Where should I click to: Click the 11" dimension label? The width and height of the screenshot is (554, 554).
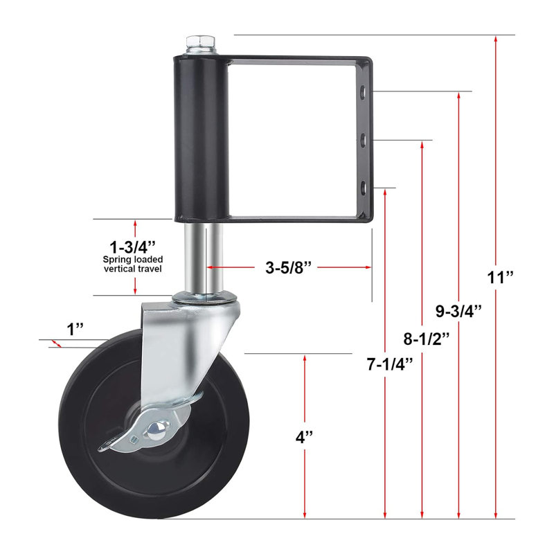click(500, 278)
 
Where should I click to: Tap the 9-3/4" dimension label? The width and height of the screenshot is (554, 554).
click(458, 311)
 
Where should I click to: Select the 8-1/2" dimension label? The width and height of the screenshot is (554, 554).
click(427, 339)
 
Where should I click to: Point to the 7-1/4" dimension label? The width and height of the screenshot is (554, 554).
click(390, 364)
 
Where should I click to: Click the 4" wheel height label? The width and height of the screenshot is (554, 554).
click(304, 437)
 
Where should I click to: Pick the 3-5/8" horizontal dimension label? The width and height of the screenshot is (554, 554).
click(289, 267)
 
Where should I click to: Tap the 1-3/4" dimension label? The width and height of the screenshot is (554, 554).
click(132, 247)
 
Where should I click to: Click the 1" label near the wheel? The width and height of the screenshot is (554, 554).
click(75, 330)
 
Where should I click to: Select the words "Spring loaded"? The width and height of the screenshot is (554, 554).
click(133, 260)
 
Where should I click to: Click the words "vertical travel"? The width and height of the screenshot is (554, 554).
click(133, 269)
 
